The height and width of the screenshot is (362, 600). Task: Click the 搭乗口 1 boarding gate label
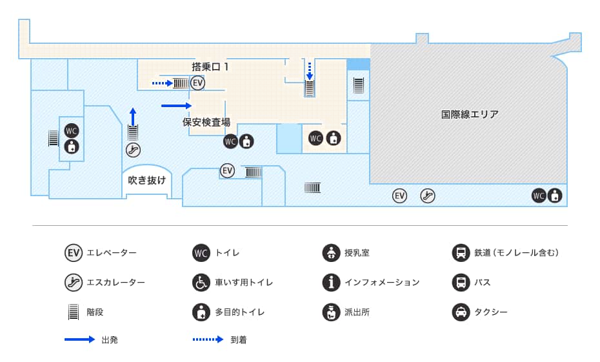210,66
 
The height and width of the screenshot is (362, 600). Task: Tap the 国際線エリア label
470,114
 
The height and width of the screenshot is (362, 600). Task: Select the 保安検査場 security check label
206,121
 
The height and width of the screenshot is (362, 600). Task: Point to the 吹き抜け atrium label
146,180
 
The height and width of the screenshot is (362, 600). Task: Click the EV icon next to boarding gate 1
197,83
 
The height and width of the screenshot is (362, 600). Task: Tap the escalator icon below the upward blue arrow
133,150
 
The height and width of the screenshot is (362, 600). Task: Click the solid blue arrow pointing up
133,116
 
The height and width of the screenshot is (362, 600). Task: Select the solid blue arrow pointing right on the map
177,105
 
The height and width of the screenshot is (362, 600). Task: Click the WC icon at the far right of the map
539,196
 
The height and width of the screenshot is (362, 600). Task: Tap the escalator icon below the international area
427,196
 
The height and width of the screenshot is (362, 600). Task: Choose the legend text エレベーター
112,253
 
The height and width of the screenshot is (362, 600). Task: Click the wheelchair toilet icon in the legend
201,283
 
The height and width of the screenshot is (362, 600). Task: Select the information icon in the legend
331,283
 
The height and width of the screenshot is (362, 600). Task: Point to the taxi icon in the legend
461,312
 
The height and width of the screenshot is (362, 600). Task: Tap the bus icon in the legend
461,283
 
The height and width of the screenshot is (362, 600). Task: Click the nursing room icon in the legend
331,253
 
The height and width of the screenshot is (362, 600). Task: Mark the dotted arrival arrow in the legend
208,339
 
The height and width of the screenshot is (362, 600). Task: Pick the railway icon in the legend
461,253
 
